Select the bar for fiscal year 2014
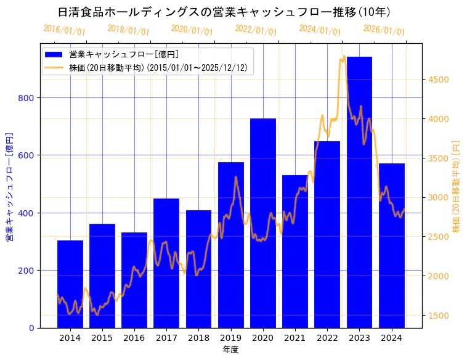[x=70, y=284]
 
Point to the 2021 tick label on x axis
[x=295, y=337]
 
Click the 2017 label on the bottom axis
[x=166, y=337]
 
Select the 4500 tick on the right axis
[x=439, y=80]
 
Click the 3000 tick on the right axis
[x=439, y=197]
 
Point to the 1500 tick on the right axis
[x=439, y=316]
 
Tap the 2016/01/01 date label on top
[x=65, y=30]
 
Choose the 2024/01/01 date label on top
[x=320, y=30]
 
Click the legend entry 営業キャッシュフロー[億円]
[x=124, y=55]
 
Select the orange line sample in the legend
[x=55, y=68]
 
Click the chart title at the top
[x=224, y=12]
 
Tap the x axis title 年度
[x=230, y=350]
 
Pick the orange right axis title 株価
[x=457, y=186]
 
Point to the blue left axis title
[x=9, y=186]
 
